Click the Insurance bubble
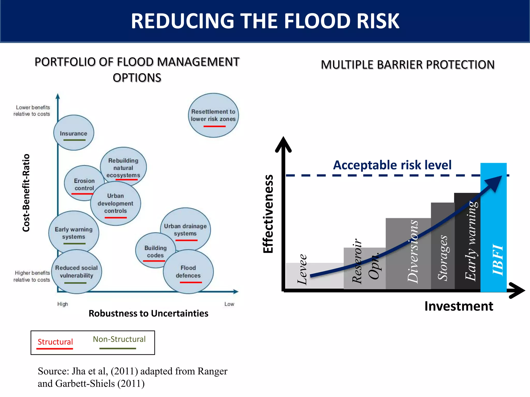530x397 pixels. (74, 133)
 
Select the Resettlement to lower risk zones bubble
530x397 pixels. (213, 115)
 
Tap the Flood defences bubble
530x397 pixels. (188, 272)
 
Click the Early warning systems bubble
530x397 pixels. (73, 233)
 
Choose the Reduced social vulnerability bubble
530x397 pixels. (76, 272)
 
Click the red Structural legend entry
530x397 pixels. (55, 342)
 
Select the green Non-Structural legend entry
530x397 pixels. (119, 339)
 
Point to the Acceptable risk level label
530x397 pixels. (392, 165)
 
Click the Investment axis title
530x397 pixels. (459, 306)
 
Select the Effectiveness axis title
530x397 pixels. (268, 214)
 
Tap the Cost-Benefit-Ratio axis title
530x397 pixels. (26, 193)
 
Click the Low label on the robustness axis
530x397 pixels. (229, 304)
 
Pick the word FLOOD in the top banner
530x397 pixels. (317, 21)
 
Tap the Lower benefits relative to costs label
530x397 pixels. (32, 111)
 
